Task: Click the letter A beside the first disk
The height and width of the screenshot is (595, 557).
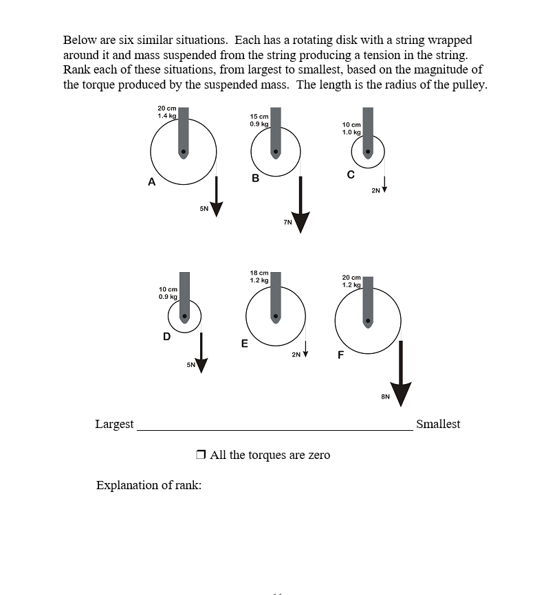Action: point(151,182)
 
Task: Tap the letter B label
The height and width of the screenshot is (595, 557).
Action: point(255,178)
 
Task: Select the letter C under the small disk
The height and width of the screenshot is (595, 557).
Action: point(351,175)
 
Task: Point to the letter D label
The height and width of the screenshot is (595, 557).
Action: point(166,336)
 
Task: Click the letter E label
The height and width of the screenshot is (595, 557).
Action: point(244,344)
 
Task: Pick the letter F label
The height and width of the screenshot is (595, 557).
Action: point(340,355)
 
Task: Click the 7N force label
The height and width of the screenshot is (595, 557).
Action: point(287,222)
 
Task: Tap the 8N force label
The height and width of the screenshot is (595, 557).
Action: point(385,396)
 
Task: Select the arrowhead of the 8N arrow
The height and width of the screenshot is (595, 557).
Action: point(402,394)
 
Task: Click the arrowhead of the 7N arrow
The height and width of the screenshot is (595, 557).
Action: point(301,222)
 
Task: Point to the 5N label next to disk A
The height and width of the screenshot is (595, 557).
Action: point(204,208)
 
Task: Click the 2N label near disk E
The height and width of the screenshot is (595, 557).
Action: point(296,355)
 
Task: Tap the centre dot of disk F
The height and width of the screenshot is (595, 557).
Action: point(369,320)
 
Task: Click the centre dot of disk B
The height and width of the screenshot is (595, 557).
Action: point(276,152)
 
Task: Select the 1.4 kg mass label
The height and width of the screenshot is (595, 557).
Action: point(167,116)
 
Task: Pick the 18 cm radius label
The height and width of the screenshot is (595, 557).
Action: point(259,273)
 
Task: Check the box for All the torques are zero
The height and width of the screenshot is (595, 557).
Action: point(201,455)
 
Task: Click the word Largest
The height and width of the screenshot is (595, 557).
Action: point(114,424)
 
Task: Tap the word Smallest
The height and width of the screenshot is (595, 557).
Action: point(438,424)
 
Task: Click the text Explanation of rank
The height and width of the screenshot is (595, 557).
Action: point(149,486)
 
